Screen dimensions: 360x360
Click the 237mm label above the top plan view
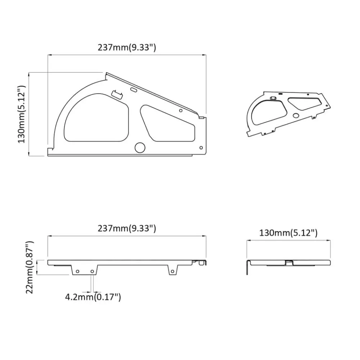tap(127, 48)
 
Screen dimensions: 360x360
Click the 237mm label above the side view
tap(127, 229)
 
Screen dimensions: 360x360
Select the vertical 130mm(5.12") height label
tap(22, 114)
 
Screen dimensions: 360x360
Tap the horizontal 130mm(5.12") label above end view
tap(288, 233)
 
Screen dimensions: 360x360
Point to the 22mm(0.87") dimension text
tap(30, 267)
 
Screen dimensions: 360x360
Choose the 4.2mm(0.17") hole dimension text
tap(93, 297)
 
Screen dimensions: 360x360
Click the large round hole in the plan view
tap(140, 148)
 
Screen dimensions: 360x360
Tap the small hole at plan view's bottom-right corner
tap(201, 148)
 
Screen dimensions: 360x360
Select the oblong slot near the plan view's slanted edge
tap(134, 90)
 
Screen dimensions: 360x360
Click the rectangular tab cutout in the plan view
tap(117, 94)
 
